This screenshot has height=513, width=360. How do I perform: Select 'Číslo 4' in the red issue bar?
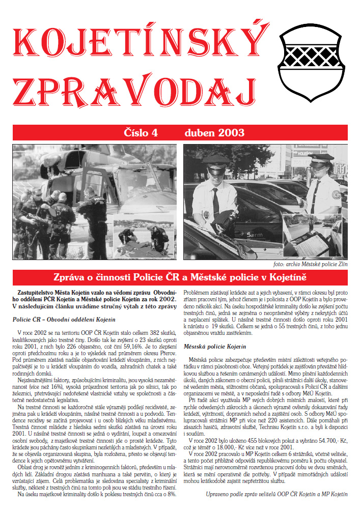tap(142, 133)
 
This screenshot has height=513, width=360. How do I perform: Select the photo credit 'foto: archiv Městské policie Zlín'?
tap(309, 265)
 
